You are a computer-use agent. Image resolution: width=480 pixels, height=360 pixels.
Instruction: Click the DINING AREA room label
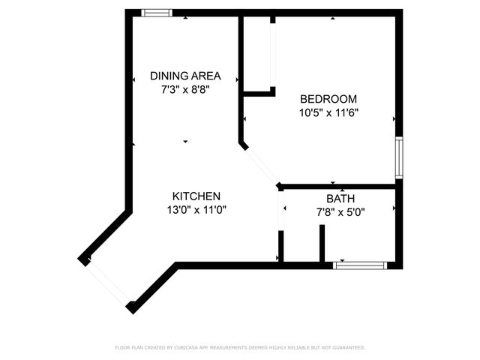tap(185, 76)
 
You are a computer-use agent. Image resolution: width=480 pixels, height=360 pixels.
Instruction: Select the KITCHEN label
tap(196, 196)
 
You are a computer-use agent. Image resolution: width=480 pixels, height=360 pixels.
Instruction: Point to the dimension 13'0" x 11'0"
tap(196, 210)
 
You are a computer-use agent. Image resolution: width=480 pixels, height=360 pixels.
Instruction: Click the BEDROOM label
tap(328, 99)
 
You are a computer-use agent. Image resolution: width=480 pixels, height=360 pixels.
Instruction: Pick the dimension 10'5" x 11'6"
tap(328, 113)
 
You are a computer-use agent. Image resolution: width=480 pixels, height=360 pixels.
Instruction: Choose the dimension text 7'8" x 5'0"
tap(341, 212)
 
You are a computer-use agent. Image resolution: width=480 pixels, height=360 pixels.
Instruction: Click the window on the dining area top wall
tap(157, 13)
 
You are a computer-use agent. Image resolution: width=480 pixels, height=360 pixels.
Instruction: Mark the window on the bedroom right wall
tap(399, 157)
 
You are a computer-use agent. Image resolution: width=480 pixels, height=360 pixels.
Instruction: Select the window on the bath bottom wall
tap(360, 265)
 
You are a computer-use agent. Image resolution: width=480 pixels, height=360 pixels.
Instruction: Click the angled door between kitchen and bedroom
tap(260, 164)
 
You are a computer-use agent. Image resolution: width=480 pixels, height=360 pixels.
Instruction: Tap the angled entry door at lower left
tap(107, 282)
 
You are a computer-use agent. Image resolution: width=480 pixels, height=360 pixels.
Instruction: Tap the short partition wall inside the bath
tap(322, 243)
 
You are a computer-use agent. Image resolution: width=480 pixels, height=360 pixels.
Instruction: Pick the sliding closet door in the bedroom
tap(273, 56)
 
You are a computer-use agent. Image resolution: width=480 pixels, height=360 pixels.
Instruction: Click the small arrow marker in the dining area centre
tap(185, 141)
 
